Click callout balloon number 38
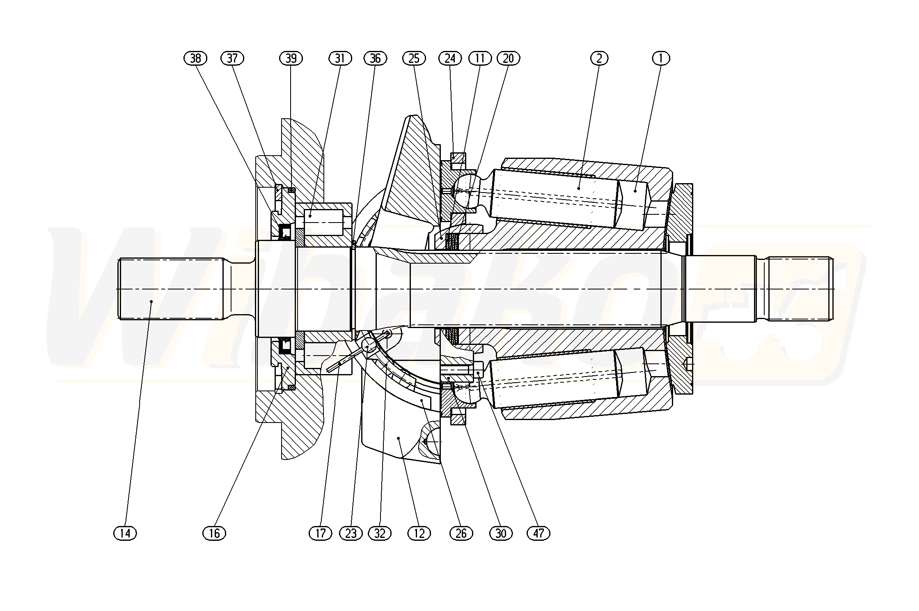point(195,59)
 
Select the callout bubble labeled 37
point(232,59)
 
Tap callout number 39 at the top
point(291,59)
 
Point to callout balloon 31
point(340,59)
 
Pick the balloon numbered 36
point(375,59)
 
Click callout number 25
point(414,59)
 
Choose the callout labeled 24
point(450,59)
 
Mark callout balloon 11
point(480,59)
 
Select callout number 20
point(508,59)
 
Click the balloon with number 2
point(599,59)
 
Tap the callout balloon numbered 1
point(661,59)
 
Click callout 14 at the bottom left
point(125,533)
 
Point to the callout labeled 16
point(214,533)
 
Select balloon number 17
point(320,533)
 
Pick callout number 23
point(351,533)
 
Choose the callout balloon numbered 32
point(380,533)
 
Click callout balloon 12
point(419,533)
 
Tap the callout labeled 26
point(461,533)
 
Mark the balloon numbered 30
point(501,533)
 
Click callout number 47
point(539,533)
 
